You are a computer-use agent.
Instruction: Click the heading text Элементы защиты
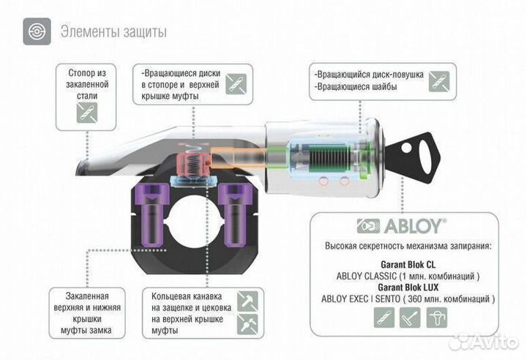113,32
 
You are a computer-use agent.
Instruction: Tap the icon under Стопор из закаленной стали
87,112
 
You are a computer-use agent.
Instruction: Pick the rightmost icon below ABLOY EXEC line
439,318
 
